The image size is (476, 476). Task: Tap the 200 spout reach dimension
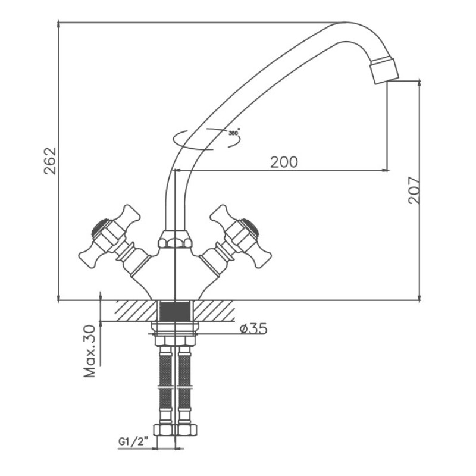[x=284, y=162]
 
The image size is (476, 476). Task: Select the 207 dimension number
[x=414, y=190]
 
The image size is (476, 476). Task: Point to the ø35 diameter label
[x=253, y=328]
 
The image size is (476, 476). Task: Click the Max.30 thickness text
[x=90, y=351]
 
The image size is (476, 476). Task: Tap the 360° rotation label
[x=234, y=132]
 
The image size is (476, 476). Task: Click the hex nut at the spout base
[x=175, y=239]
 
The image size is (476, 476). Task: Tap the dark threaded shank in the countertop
[x=175, y=311]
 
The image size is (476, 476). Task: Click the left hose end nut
[x=164, y=430]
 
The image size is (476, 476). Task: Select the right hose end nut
[x=187, y=430]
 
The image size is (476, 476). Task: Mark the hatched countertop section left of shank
[x=136, y=311]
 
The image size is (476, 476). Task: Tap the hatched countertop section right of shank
[x=214, y=311]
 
